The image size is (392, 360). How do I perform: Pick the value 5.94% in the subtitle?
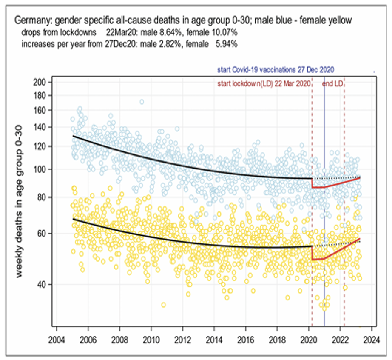pos(226,44)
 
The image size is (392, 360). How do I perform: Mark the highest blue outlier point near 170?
pos(142,102)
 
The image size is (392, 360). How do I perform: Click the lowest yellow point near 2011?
pos(163,305)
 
